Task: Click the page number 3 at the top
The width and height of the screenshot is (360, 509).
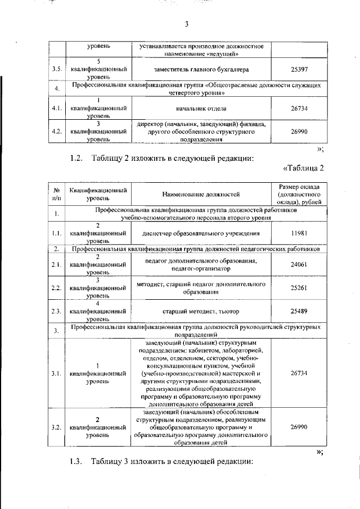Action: [186, 24]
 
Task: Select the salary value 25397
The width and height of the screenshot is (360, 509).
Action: [298, 69]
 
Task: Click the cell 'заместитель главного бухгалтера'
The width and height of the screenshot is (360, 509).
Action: [201, 69]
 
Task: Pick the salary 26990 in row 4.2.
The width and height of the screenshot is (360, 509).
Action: [298, 132]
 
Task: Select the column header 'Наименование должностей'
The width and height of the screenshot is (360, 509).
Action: [201, 195]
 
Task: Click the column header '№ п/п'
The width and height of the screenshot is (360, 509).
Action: [56, 195]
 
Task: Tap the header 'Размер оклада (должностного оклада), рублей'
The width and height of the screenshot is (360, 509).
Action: [298, 195]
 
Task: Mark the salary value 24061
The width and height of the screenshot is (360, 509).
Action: [298, 264]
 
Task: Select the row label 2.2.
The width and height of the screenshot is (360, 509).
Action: [56, 288]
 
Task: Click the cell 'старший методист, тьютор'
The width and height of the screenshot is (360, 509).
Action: [201, 311]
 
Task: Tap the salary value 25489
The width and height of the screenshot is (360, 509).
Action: [298, 311]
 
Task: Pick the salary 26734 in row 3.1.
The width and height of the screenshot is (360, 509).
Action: [298, 372]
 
